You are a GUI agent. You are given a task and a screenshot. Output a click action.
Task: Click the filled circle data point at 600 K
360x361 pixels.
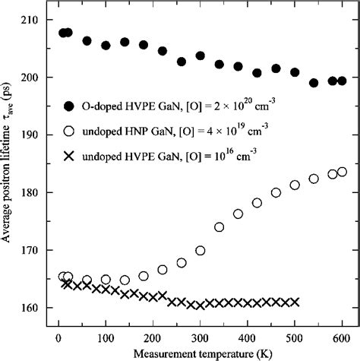342,81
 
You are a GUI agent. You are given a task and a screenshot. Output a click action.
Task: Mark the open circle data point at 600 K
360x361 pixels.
342,172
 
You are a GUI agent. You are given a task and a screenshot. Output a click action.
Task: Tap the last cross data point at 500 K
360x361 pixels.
295,302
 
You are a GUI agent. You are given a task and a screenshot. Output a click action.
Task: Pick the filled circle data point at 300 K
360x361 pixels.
201,55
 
